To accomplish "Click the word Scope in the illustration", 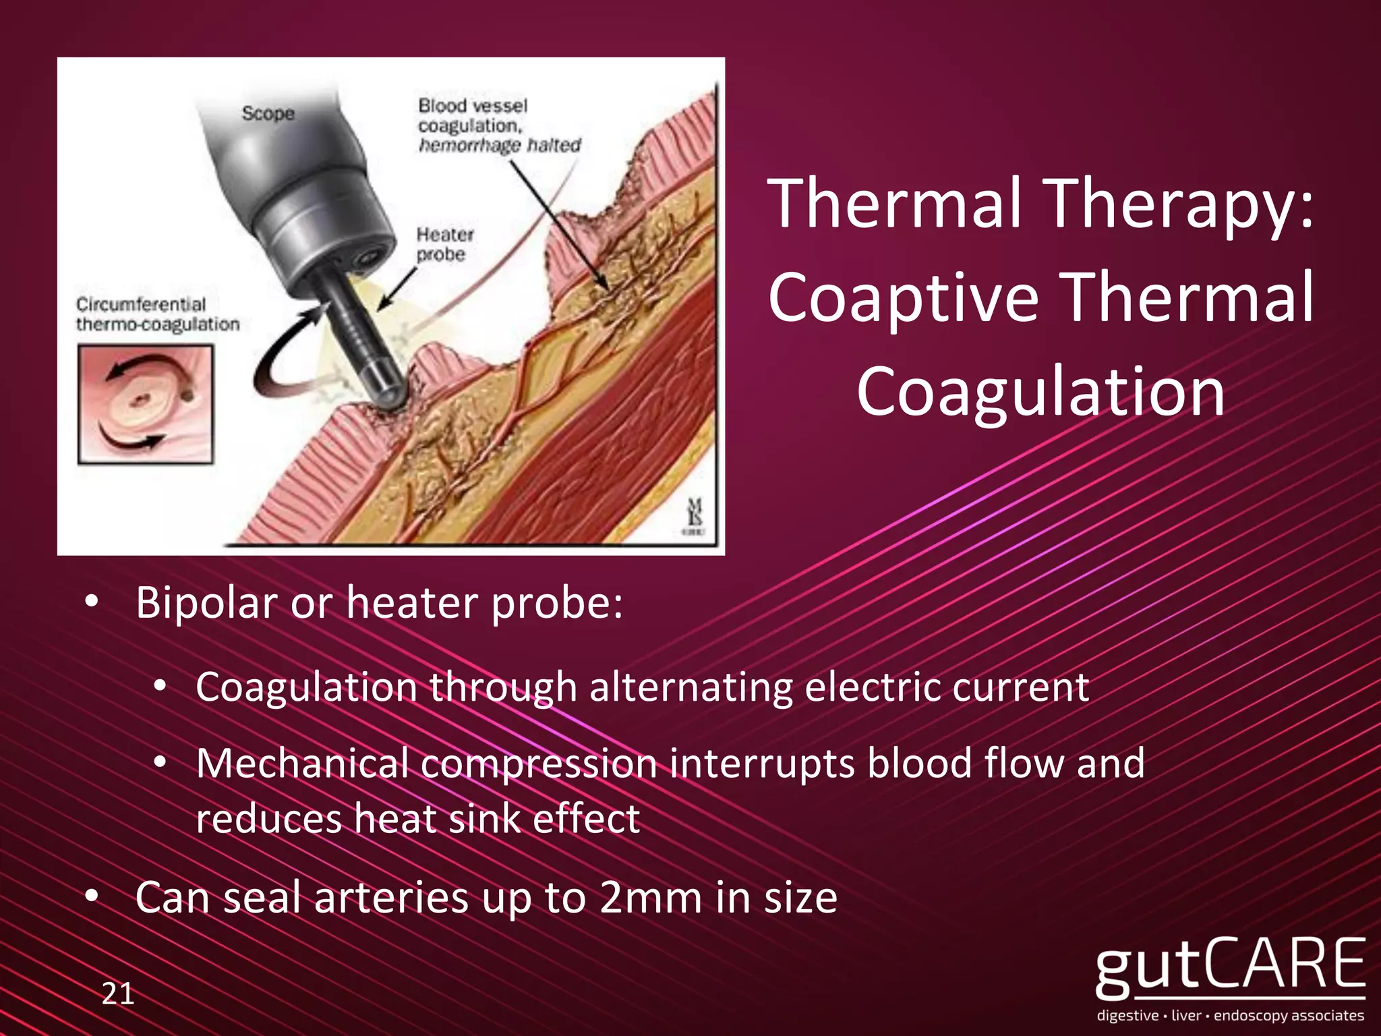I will tap(268, 113).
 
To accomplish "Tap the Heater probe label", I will tap(444, 244).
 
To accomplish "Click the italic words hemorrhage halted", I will tap(499, 146).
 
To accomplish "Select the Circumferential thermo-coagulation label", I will tap(157, 314).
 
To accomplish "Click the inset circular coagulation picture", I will tap(146, 404).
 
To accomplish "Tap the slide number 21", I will tap(118, 994).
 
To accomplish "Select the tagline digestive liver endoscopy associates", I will tap(1230, 1016).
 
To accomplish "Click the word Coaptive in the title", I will tap(904, 297).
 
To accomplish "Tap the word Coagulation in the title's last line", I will tap(1040, 392).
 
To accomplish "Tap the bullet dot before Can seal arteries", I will tap(92, 897).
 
